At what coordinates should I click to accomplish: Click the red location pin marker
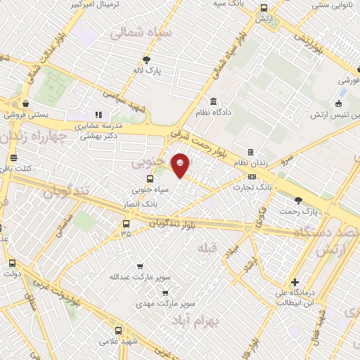(x=181, y=164)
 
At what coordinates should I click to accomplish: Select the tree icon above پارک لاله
(x=146, y=60)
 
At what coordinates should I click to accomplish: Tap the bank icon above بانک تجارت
(x=251, y=176)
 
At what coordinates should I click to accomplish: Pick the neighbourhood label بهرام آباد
(x=195, y=320)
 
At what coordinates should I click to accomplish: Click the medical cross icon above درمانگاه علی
(x=295, y=282)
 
